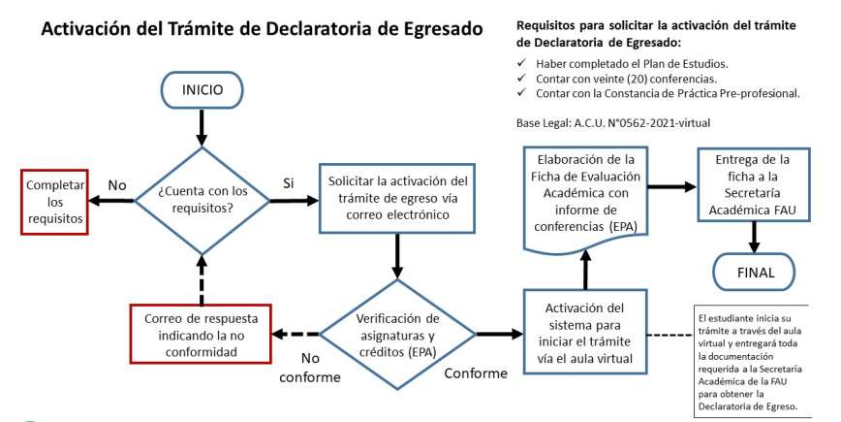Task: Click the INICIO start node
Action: click(202, 89)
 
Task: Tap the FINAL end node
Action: click(755, 272)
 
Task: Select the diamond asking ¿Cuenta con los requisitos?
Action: click(202, 200)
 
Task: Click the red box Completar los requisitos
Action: click(54, 202)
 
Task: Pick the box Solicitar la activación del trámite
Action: click(397, 198)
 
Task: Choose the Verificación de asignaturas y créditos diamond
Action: click(397, 334)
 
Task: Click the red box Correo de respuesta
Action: click(202, 334)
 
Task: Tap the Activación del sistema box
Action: click(585, 333)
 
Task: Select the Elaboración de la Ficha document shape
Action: click(585, 198)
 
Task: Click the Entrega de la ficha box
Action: click(754, 184)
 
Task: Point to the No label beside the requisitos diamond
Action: click(117, 185)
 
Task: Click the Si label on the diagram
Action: click(289, 183)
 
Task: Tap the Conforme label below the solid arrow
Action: click(476, 373)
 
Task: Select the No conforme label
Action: click(310, 368)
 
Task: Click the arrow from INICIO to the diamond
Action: click(202, 128)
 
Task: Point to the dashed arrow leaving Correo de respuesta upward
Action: click(202, 279)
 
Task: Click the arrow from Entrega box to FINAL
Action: click(754, 237)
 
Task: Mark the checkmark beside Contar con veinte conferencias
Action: click(521, 78)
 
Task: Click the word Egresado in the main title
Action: click(436, 28)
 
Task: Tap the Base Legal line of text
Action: click(613, 123)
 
